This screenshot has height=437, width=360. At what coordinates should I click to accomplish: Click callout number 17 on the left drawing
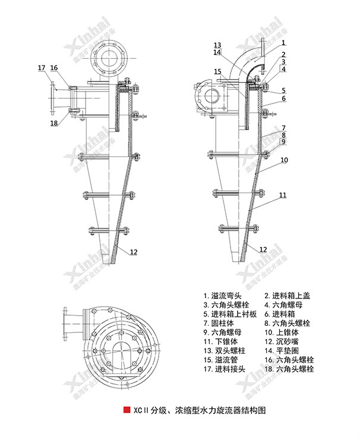(42, 68)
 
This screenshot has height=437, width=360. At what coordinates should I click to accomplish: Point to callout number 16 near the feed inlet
(54, 68)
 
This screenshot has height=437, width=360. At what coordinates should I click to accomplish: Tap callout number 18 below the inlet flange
(54, 123)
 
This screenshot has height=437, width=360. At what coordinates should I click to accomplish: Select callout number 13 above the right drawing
(217, 45)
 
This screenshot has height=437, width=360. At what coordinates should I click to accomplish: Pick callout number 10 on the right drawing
(283, 161)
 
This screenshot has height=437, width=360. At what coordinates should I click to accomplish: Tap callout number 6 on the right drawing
(283, 98)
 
